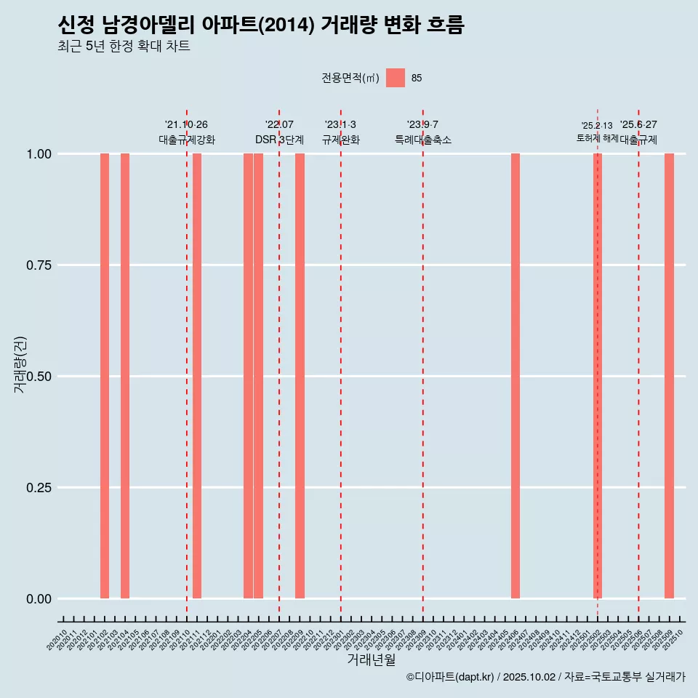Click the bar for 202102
105,376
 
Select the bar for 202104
125,376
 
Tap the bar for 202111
197,376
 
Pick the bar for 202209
300,376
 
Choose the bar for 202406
516,376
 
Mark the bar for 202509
669,376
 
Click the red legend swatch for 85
395,78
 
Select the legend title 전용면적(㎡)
350,78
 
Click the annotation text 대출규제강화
187,140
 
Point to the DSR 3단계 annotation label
279,140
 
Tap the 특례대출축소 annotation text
423,140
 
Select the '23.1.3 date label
340,125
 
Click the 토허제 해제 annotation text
597,138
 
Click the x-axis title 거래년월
371,660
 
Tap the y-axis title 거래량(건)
20,364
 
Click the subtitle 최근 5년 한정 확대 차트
124,47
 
